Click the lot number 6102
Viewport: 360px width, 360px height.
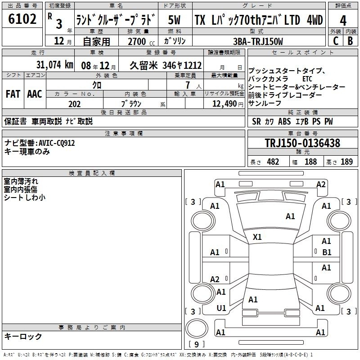pyautogui.click(x=22, y=19)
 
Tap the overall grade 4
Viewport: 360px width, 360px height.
pyautogui.click(x=343, y=21)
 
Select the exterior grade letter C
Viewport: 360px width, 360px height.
pyautogui.click(x=336, y=41)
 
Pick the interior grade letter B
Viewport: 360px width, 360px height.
pyautogui.click(x=350, y=41)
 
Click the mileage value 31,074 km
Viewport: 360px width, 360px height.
pyautogui.click(x=54, y=65)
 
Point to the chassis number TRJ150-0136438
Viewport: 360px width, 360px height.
pyautogui.click(x=302, y=143)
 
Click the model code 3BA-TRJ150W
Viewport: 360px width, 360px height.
pyautogui.click(x=258, y=41)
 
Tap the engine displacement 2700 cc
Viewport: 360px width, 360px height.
pyautogui.click(x=141, y=41)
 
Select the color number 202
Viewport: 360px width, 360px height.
pyautogui.click(x=74, y=104)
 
